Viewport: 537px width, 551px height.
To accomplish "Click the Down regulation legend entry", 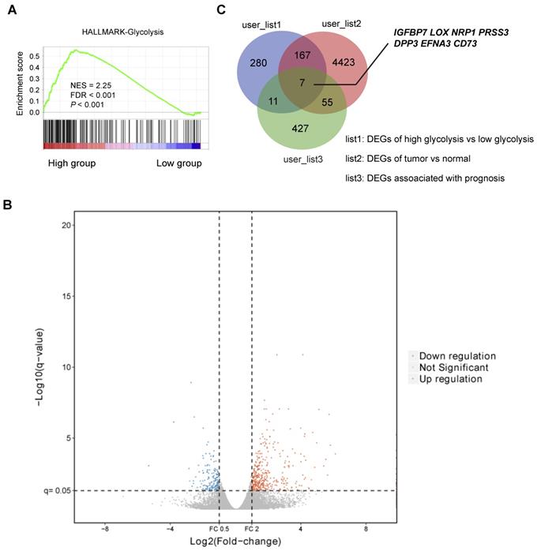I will (x=457, y=355).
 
